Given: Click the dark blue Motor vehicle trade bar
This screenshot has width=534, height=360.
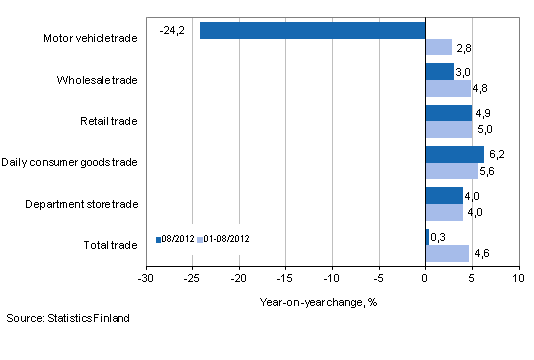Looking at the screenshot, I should click(x=312, y=30).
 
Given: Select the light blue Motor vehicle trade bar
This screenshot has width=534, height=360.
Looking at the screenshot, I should click(x=438, y=47).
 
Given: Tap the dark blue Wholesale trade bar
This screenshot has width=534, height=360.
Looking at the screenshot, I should click(x=439, y=72).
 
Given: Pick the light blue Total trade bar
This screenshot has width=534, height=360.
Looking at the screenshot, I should click(x=446, y=253).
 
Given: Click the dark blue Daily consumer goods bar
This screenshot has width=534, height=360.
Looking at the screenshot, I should click(x=454, y=154).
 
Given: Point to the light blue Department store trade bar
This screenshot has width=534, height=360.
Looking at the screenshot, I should click(x=443, y=212).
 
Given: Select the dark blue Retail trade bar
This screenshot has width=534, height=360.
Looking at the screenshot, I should click(x=448, y=113).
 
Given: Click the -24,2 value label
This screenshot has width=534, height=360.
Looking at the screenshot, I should click(x=171, y=30).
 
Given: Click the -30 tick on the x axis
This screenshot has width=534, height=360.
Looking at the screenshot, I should click(x=147, y=278).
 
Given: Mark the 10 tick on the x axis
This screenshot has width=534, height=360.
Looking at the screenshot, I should click(x=518, y=278).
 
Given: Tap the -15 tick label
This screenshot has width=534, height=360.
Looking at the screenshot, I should click(x=286, y=278).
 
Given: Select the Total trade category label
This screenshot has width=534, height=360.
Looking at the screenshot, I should click(x=110, y=245).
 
